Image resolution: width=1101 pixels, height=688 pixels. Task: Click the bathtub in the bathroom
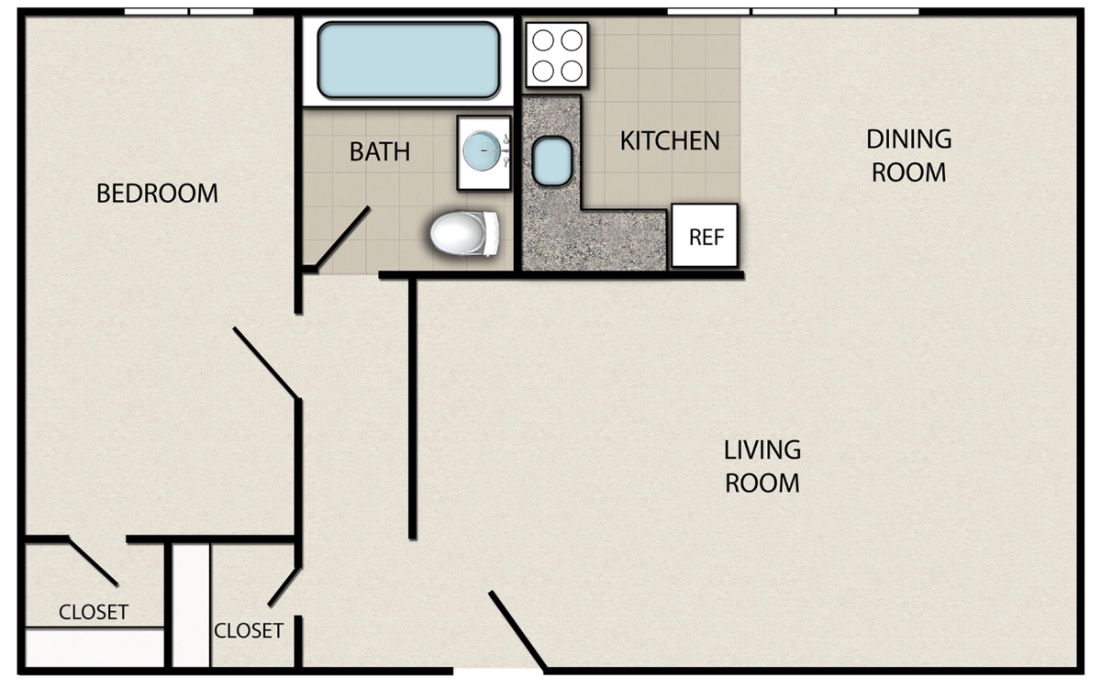tap(408, 60)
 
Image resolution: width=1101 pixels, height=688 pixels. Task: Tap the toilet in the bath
tap(464, 233)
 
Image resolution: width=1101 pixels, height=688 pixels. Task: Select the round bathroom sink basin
tap(483, 150)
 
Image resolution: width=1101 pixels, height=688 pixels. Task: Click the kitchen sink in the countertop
tap(552, 161)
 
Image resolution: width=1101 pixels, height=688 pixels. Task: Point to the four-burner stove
tap(558, 55)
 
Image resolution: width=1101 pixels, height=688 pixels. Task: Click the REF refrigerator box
tap(705, 236)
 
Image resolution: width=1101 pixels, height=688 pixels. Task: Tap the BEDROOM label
tap(157, 194)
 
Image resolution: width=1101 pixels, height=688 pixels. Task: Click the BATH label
tap(380, 151)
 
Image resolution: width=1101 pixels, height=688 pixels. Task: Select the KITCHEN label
tap(670, 140)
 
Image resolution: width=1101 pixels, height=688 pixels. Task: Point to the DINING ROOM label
tap(909, 155)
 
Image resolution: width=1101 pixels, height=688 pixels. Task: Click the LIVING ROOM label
tap(762, 466)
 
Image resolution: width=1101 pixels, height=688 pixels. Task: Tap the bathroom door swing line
tap(342, 238)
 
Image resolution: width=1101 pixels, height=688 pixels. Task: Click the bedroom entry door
tap(266, 362)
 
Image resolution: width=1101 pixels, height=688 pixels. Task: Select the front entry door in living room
tap(517, 631)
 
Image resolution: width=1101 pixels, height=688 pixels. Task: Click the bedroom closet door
tap(93, 562)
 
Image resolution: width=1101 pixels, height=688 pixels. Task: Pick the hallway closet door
tap(284, 587)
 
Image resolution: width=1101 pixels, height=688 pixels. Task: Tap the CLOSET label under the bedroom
tap(94, 613)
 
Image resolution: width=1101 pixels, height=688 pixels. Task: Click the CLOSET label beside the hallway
tap(249, 630)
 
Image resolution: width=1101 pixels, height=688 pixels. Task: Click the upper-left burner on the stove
tap(543, 40)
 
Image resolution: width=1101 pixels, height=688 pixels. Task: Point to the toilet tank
tap(491, 233)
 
